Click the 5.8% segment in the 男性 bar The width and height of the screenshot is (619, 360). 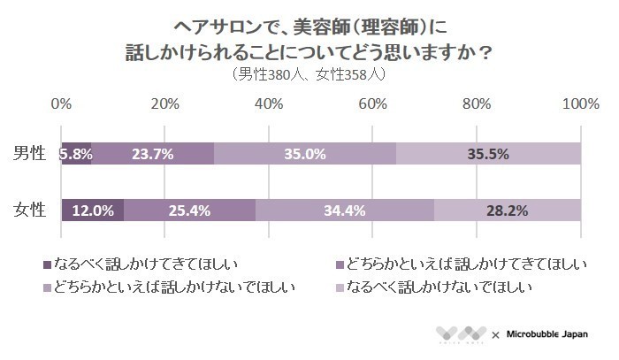(76, 153)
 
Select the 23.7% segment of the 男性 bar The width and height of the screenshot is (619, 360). (152, 153)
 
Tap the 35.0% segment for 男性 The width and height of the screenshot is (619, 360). (305, 153)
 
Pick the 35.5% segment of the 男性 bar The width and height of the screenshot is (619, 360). (488, 153)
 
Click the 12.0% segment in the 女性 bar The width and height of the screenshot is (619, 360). (92, 211)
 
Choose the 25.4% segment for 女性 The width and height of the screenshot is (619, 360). (189, 211)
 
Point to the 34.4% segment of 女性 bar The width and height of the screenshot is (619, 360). (345, 211)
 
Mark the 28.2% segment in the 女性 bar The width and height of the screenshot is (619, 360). (508, 211)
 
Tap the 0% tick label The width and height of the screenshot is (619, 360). (61, 104)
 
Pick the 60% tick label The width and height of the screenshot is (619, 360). (372, 104)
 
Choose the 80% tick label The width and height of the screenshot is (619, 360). (477, 104)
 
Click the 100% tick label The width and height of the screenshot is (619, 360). (580, 104)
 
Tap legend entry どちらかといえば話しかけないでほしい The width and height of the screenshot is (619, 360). (173, 287)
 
